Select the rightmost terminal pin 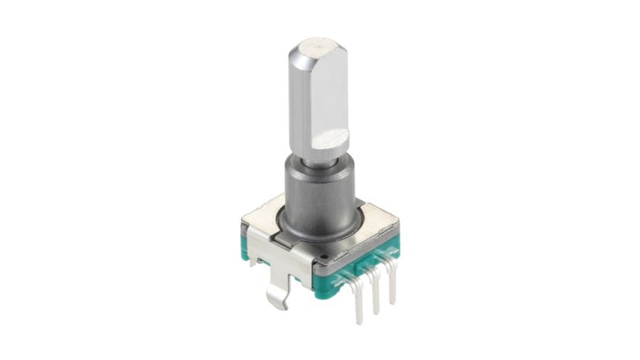(391, 288)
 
